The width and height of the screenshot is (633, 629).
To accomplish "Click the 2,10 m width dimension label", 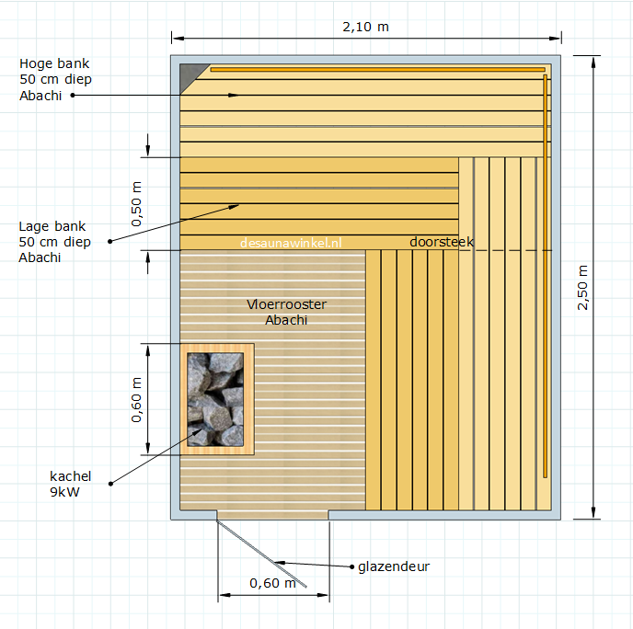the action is click(365, 27).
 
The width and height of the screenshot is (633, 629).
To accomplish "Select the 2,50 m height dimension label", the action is click(582, 287).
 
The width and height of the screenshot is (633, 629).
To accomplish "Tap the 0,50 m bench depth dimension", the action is click(137, 204).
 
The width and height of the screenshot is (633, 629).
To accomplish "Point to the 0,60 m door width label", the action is click(273, 583).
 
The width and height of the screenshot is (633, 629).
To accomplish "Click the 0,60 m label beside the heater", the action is click(137, 400).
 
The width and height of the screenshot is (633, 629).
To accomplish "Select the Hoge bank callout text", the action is click(55, 79).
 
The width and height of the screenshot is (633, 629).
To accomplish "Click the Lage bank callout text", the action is click(54, 242).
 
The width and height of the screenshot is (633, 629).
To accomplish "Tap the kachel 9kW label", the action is click(70, 484).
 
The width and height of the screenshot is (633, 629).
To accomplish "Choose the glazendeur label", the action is click(394, 566).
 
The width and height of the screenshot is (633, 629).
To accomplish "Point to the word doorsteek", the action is click(442, 242).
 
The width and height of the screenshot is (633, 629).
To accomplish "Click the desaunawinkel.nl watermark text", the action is click(291, 243).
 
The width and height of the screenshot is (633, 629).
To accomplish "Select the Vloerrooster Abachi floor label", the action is click(286, 312).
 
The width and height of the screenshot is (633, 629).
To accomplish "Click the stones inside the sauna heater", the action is click(215, 399).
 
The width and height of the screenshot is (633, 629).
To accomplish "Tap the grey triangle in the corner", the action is click(189, 74).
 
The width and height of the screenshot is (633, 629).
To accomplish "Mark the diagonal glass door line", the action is click(261, 554).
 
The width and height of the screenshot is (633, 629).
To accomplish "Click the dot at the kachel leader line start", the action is click(110, 484).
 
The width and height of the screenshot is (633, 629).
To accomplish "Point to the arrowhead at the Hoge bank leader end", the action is click(234, 96).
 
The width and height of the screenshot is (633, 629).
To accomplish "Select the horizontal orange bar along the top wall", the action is click(377, 69).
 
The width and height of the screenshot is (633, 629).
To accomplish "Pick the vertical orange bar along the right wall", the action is click(545, 276).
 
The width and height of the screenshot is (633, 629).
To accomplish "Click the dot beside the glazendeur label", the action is click(352, 566).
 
